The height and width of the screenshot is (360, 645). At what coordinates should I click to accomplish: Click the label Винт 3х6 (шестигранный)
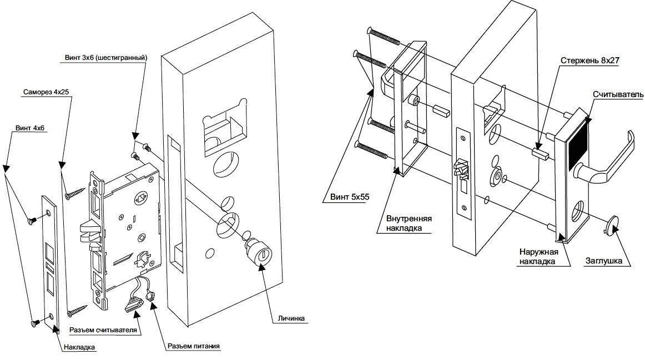point(105,58)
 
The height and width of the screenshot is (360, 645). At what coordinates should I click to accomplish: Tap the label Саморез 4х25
point(46,92)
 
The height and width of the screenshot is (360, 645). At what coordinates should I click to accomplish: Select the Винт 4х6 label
point(29,128)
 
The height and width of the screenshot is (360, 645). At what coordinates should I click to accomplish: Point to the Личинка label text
point(291,318)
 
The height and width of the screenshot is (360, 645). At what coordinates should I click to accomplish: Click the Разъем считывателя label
point(103,330)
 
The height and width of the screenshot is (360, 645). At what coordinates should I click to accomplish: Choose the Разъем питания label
point(193,346)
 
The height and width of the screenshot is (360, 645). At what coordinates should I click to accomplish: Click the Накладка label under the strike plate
point(79,347)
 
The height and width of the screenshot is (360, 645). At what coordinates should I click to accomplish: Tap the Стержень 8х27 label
point(590,60)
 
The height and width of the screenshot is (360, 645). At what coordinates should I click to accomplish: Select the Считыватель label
point(618,94)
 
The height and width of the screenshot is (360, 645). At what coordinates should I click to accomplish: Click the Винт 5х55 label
point(350,197)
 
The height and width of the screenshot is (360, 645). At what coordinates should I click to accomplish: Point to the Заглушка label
point(603,261)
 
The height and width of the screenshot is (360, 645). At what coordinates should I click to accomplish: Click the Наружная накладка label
point(538,256)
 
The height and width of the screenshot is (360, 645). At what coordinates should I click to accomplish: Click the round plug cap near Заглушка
point(612,225)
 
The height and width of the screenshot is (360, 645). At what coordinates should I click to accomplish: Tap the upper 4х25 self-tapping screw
point(75,192)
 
